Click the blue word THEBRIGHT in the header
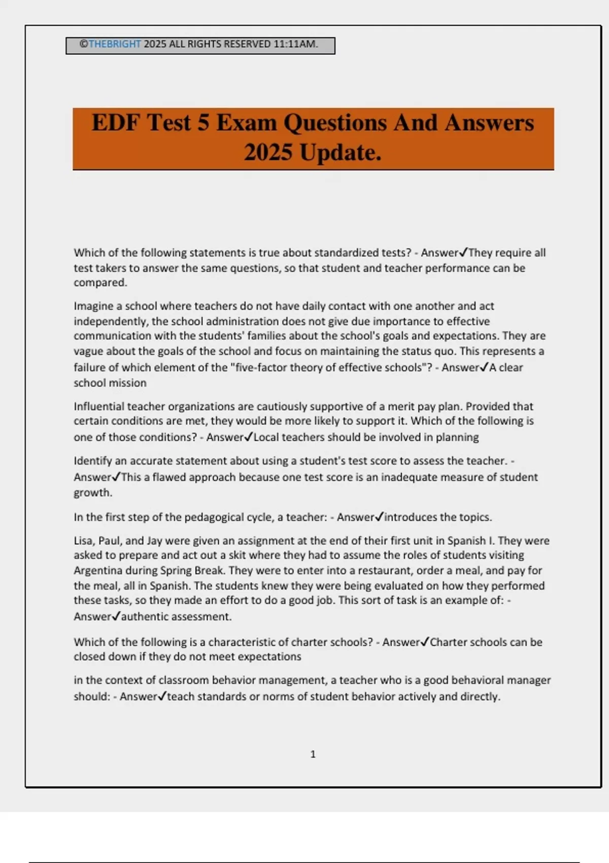[x=115, y=44]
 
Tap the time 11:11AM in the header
[x=295, y=44]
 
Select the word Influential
[x=98, y=407]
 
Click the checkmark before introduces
[x=380, y=517]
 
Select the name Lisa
[x=83, y=541]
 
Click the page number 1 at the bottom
[x=313, y=754]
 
